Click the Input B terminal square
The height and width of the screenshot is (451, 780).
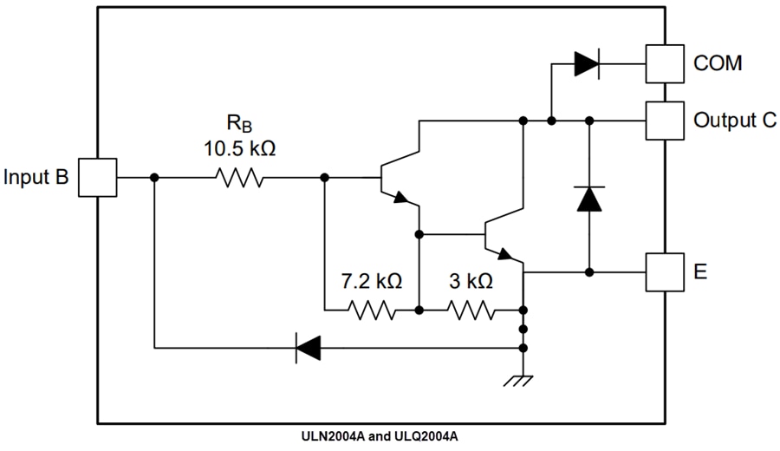pyautogui.click(x=98, y=177)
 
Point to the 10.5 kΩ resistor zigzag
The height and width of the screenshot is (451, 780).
pyautogui.click(x=239, y=177)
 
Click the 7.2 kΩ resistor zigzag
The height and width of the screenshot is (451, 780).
pyautogui.click(x=372, y=310)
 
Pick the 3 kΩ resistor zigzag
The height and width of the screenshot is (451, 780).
pyautogui.click(x=471, y=310)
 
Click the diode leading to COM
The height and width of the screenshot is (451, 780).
pyautogui.click(x=587, y=62)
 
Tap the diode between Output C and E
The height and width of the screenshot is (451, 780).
pyautogui.click(x=589, y=199)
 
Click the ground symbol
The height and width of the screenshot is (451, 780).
pyautogui.click(x=523, y=377)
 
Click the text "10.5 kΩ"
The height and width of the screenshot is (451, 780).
pyautogui.click(x=240, y=148)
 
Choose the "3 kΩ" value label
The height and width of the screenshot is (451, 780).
pyautogui.click(x=470, y=282)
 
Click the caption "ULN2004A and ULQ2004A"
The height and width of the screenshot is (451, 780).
pyautogui.click(x=391, y=436)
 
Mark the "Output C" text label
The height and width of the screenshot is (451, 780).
pyautogui.click(x=735, y=121)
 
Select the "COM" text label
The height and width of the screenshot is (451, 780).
pyautogui.click(x=718, y=63)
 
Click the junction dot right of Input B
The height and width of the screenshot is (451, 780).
pyautogui.click(x=154, y=177)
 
